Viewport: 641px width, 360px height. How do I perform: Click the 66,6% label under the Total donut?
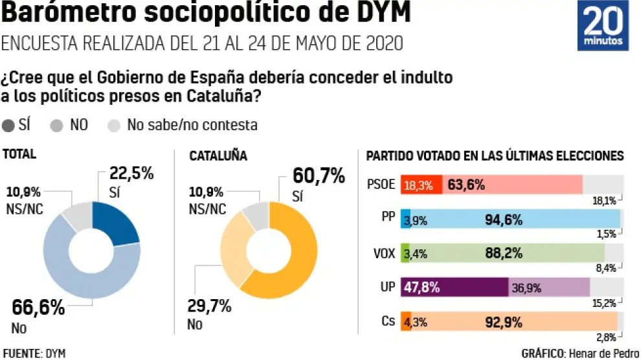pyautogui.click(x=39, y=308)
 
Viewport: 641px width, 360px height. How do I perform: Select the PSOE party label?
pyautogui.click(x=381, y=185)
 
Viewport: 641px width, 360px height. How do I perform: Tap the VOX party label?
pyautogui.click(x=385, y=253)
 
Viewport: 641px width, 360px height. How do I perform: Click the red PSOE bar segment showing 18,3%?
pyautogui.click(x=422, y=185)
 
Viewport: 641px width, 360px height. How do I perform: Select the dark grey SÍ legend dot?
pyautogui.click(x=10, y=125)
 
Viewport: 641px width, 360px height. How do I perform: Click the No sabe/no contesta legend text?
pyautogui.click(x=192, y=125)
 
